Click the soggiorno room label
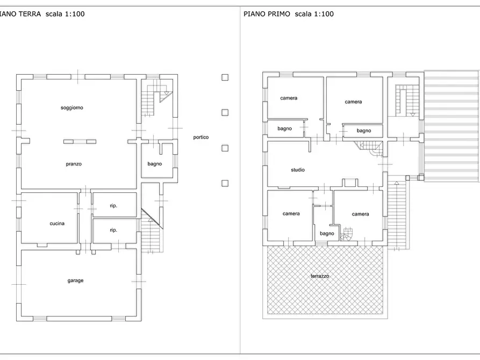pos(72,108)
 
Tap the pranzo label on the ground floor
pos(74,164)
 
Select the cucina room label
pos(57,224)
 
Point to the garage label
pos(75,280)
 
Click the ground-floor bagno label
pos(155,164)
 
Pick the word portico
pos(201,138)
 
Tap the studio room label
pos(298,170)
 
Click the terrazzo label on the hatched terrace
pos(320,276)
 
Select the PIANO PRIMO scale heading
pos(289,14)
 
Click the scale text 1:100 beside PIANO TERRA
pos(74,14)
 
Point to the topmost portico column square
pos(225,77)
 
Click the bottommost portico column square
pos(225,183)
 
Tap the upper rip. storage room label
pos(113,206)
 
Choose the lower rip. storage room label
pos(113,230)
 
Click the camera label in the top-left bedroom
pos(289,98)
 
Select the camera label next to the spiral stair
pos(360,214)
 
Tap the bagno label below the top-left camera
pos(285,128)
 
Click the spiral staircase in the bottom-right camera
pos(347,234)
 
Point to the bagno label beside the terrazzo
pos(327,234)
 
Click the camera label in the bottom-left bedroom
pos(291,214)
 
